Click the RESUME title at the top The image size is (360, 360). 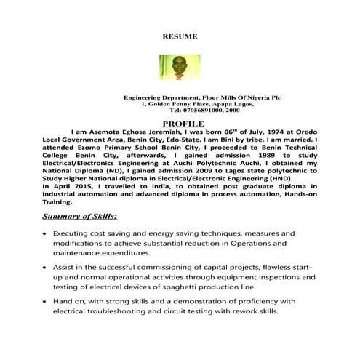pyautogui.click(x=179, y=35)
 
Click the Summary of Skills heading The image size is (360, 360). pyautogui.click(x=81, y=216)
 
